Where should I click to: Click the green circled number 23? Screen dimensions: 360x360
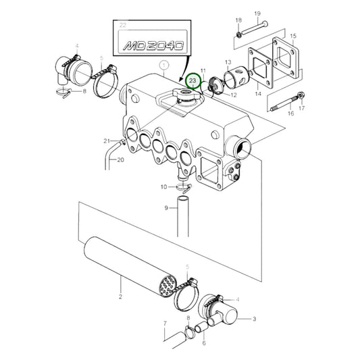click(x=195, y=81)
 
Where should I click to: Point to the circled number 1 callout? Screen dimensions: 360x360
click(x=163, y=66)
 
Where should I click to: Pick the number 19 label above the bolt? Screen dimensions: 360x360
click(x=257, y=14)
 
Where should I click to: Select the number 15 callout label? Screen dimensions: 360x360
click(x=293, y=35)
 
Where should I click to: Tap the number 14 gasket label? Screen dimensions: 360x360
click(x=257, y=95)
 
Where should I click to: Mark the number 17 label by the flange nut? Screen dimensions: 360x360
click(x=301, y=107)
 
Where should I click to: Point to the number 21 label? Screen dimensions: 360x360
click(x=106, y=140)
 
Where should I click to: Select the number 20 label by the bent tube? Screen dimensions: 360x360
click(x=120, y=160)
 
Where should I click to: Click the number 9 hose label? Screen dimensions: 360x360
click(x=165, y=207)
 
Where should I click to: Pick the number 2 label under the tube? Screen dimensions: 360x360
click(x=120, y=297)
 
